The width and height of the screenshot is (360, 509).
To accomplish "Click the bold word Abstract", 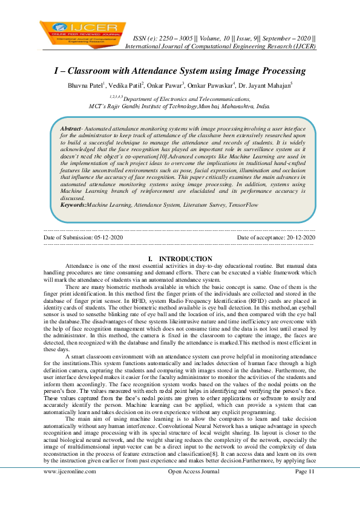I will tap(73, 129).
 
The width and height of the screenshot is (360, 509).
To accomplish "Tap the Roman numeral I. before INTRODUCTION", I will tap(151, 259).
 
